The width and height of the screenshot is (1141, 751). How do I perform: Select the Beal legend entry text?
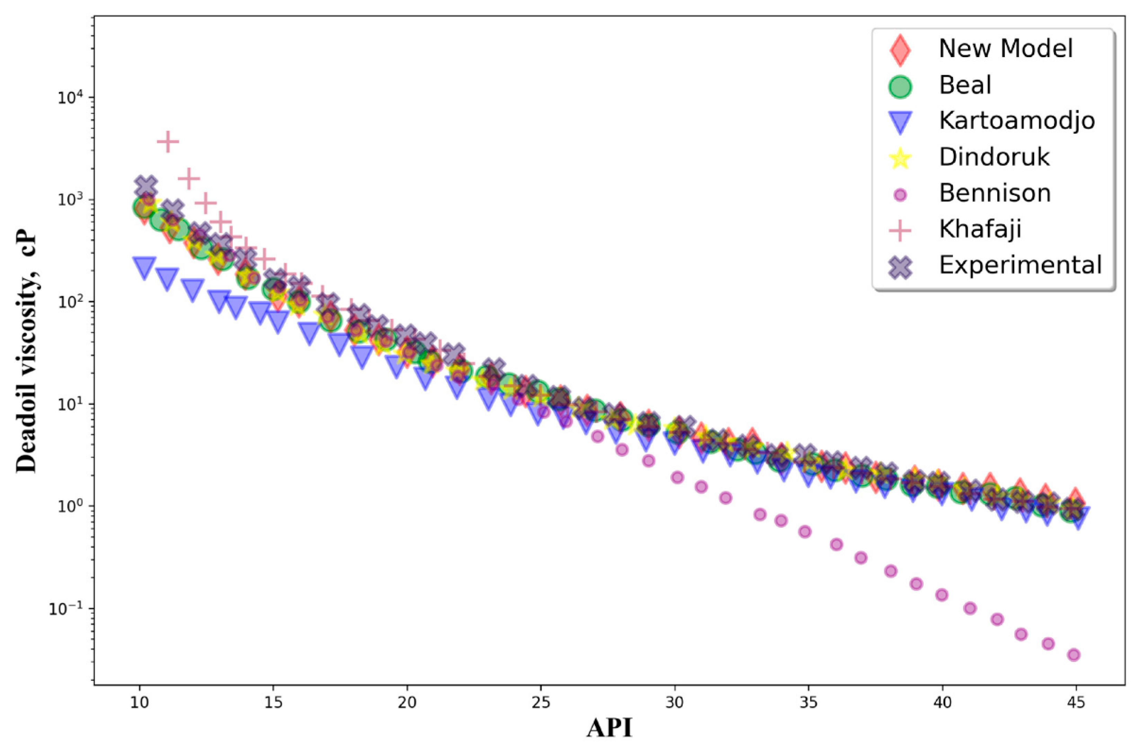coord(965,85)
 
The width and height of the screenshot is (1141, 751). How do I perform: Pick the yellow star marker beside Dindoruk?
coord(902,158)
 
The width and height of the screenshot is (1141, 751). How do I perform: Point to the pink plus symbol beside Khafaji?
coord(902,230)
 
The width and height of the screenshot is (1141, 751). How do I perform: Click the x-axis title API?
coord(609,727)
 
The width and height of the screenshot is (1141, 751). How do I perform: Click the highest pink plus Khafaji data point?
coord(168,142)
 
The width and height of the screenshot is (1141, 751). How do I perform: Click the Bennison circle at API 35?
coord(805,531)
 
